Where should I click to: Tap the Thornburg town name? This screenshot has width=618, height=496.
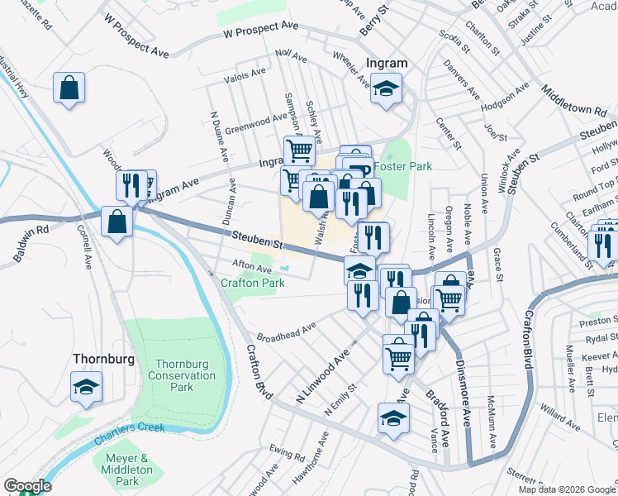(102, 359)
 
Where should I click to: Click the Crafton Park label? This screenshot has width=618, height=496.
(252, 283)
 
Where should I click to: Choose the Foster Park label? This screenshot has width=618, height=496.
(402, 166)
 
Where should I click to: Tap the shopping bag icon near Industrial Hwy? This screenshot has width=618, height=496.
(69, 86)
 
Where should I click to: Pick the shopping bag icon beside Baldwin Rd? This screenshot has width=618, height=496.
(116, 221)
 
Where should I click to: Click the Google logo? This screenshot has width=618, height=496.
(27, 486)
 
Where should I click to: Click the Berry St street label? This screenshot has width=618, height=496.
(373, 19)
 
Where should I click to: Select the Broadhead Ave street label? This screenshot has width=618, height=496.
(287, 331)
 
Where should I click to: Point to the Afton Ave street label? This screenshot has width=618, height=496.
(252, 268)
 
